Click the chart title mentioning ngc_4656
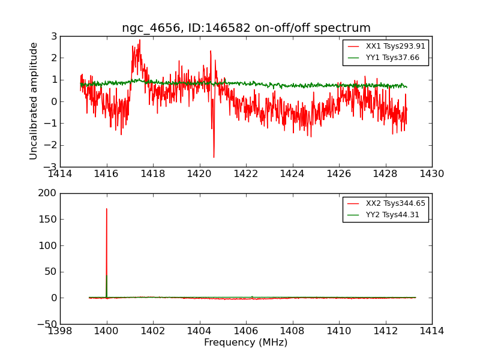[246, 28]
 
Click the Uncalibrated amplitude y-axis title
[34, 101]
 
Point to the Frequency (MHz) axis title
[246, 343]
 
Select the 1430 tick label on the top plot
[431, 174]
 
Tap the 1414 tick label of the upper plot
[60, 174]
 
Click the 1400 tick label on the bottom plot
[107, 331]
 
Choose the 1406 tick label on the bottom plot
[246, 331]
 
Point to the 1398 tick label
[60, 331]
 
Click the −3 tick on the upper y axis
[50, 167]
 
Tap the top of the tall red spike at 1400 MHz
[107, 209]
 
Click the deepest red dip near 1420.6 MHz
[214, 157]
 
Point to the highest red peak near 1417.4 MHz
[140, 40]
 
